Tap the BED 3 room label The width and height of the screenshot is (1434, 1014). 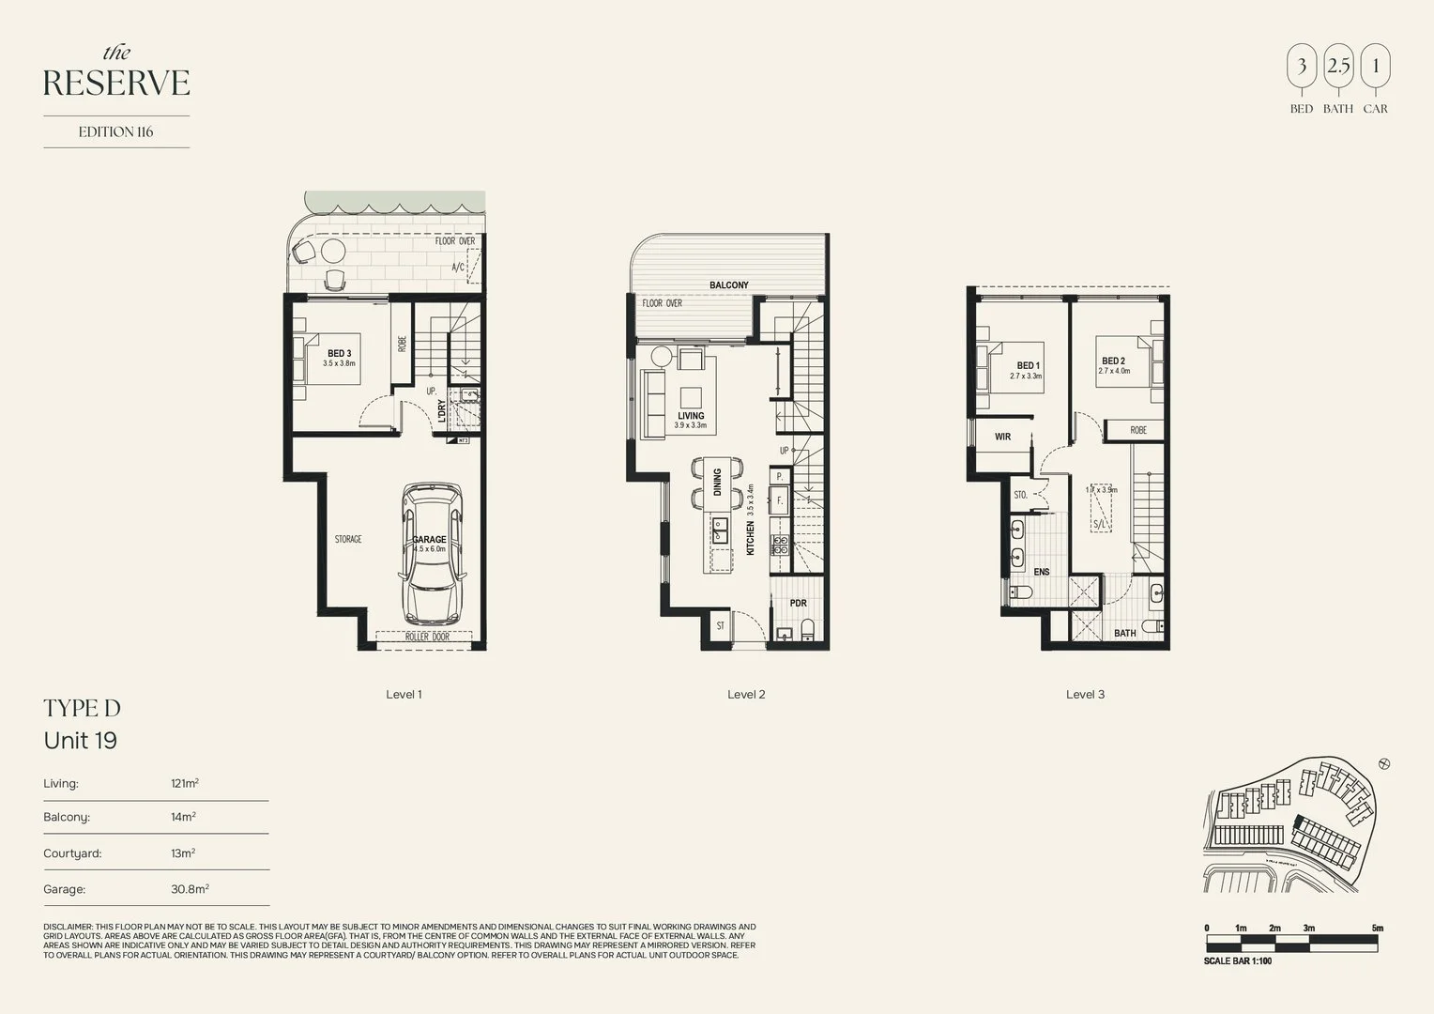339,354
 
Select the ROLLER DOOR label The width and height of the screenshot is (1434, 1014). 427,637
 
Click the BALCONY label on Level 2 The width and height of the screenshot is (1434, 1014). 728,285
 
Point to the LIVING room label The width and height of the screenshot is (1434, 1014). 691,416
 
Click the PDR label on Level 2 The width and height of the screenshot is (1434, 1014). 798,604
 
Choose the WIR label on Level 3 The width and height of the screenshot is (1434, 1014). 1002,437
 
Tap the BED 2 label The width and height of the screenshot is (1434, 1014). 1113,361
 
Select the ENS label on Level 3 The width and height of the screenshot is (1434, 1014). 1041,572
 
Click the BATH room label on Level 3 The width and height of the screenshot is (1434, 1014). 1124,634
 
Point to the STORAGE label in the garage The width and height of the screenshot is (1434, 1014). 348,540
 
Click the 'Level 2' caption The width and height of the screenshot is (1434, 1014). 746,695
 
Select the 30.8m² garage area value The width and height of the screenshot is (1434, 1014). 190,888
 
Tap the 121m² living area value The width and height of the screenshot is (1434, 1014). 184,783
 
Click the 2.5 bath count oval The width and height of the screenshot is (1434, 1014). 1338,67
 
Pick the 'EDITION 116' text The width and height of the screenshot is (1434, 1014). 115,132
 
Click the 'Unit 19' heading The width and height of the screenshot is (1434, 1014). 81,741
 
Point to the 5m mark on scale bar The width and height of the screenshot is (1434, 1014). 1377,929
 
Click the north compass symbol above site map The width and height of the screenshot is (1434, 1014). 1383,764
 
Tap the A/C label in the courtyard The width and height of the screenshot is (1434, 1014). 458,268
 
